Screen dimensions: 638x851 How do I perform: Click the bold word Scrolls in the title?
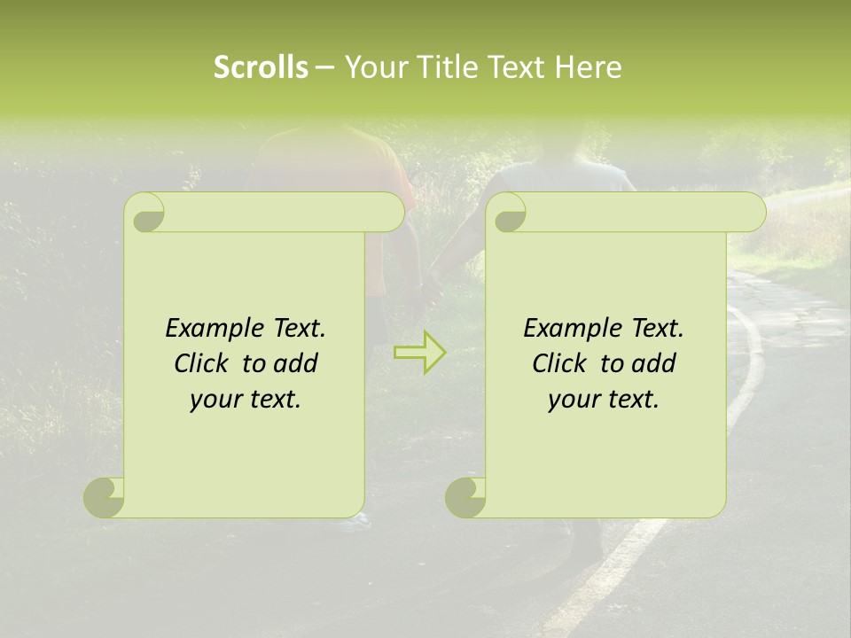(x=261, y=67)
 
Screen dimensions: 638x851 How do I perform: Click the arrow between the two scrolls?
(x=420, y=353)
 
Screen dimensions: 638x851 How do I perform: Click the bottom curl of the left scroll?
(x=103, y=497)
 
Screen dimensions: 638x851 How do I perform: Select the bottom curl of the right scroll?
(x=465, y=497)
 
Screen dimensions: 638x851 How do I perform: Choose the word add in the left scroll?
(x=295, y=363)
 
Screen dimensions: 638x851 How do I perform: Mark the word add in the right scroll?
(x=653, y=363)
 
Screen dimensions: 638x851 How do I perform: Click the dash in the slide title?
(x=324, y=67)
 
